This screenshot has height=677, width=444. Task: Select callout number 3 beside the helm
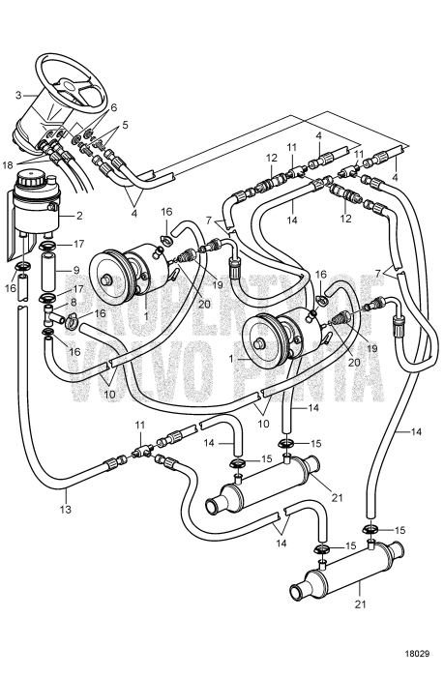(17, 95)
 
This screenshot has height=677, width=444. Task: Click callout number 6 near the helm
(113, 107)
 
